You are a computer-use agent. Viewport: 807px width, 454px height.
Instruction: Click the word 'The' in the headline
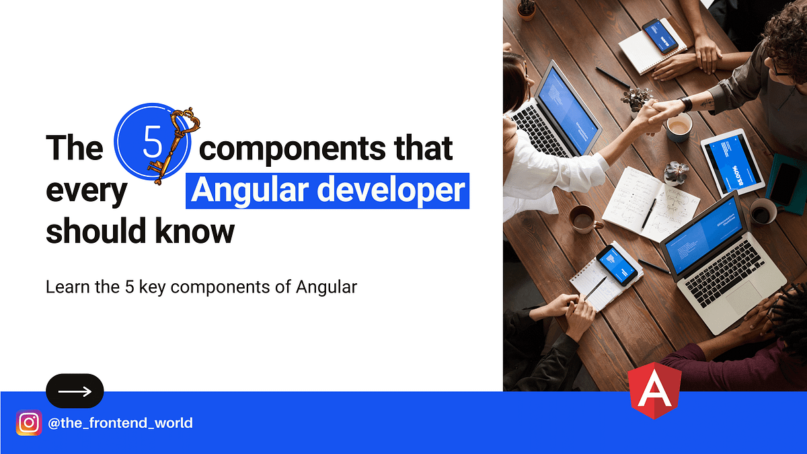tap(74, 148)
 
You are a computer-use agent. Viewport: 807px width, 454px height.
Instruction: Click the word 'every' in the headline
tap(86, 191)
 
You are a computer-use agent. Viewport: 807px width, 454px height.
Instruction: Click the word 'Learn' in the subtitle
tap(64, 287)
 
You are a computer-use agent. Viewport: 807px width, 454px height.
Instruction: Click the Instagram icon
tap(29, 423)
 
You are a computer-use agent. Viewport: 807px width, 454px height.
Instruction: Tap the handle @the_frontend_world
tap(121, 423)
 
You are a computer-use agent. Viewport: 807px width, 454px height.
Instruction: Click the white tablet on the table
tap(733, 161)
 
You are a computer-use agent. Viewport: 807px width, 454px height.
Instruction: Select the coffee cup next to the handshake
tap(680, 127)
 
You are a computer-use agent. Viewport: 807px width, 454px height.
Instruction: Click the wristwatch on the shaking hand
tap(686, 104)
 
